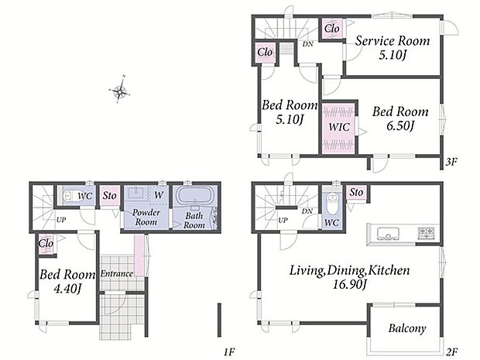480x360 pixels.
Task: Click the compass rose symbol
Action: pos(119,90)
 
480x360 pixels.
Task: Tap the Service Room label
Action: pos(393,41)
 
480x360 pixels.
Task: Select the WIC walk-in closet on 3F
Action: pos(339,127)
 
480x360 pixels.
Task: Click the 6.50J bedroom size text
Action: pos(400,125)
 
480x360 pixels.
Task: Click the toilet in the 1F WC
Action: pos(70,195)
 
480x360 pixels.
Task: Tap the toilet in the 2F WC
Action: pos(331,204)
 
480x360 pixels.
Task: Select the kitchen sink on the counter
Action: pos(388,234)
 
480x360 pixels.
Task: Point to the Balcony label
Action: pos(407,328)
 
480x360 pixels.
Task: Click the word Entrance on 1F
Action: pos(117,273)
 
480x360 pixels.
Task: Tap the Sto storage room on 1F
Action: pos(110,196)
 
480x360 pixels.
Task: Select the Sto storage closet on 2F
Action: pos(356,193)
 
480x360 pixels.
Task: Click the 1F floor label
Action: pos(229,353)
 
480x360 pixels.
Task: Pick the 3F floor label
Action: pos(451,162)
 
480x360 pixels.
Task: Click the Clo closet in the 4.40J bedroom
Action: pos(46,244)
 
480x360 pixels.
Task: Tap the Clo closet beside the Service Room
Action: pos(332,29)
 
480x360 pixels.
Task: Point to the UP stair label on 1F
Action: pos(61,220)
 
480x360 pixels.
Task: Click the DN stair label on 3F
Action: pos(307,44)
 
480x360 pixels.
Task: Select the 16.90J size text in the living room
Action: pos(350,285)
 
